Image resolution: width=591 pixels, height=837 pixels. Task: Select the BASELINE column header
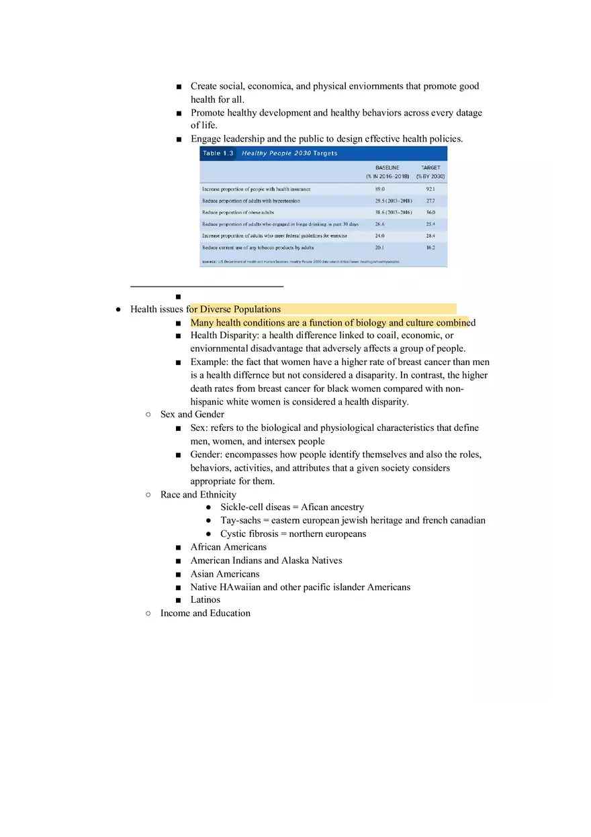coord(387,167)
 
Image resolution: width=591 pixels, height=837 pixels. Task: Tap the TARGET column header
coord(430,167)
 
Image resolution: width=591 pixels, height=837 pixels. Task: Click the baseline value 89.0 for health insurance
coord(379,189)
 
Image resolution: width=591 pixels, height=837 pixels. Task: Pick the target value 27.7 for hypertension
coord(430,201)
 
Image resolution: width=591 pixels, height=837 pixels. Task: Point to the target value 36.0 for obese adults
coord(430,212)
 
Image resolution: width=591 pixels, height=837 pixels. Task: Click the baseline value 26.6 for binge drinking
coord(379,224)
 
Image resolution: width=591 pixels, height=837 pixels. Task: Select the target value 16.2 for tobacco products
coord(430,248)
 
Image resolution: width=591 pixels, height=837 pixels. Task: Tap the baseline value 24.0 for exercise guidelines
coord(379,236)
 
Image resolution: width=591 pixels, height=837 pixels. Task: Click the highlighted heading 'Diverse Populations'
coord(240,309)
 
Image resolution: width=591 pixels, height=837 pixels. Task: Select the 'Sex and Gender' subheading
coord(192,414)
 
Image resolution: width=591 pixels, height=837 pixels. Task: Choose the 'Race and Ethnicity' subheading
coord(198,495)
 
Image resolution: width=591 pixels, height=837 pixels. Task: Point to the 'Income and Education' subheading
coord(205,613)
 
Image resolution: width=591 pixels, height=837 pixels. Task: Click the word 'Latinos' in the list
coord(205,599)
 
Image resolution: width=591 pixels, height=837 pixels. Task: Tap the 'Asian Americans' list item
coord(224,574)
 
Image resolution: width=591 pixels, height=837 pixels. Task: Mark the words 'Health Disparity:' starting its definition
coord(224,335)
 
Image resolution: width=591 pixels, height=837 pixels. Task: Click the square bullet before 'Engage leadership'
coord(179,140)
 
